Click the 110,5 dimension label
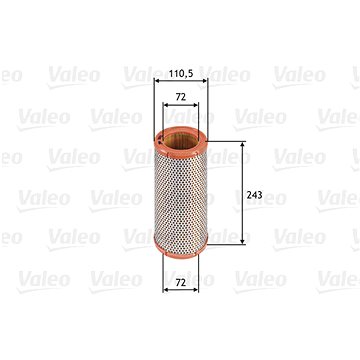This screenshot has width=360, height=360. [180, 74]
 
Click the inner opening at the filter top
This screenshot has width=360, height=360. [180, 140]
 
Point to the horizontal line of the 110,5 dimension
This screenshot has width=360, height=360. [180, 84]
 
